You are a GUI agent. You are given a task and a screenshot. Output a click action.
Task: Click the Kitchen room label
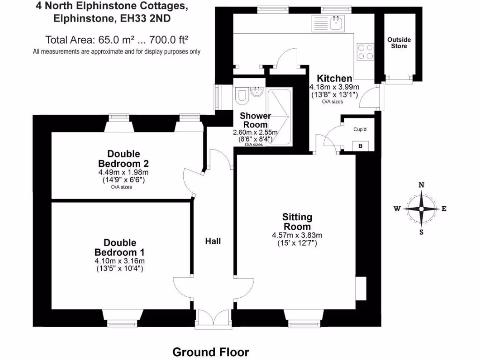[334, 78]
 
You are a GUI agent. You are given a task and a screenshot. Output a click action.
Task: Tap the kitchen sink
[335, 22]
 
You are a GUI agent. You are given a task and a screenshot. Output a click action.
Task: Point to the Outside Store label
[399, 43]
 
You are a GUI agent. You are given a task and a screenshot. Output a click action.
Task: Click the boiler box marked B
[360, 146]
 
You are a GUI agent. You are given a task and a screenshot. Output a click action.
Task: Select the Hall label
[213, 241]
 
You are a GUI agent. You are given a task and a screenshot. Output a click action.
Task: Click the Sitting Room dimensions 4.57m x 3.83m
[297, 235]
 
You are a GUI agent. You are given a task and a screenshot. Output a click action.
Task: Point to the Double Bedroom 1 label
[120, 247]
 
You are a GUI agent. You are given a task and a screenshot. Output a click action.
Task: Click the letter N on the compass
[421, 185]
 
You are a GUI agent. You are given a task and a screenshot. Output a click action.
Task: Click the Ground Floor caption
[211, 352]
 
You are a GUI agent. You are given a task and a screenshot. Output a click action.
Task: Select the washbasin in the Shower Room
[257, 92]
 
